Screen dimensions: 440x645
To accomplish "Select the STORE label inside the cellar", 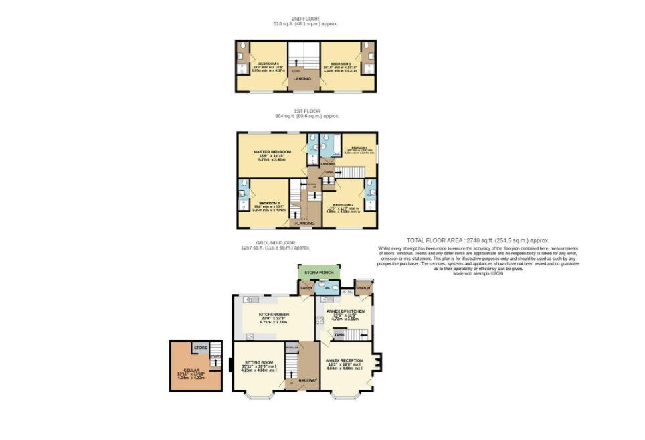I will (200, 348).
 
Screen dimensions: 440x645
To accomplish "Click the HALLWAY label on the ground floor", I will (308, 380).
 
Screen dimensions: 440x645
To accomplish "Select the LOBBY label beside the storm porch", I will (306, 287).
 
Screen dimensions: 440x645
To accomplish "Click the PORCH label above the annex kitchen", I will (363, 288).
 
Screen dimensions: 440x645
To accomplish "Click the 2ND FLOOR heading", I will (305, 18).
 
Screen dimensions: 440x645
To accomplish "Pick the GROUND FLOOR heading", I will (275, 242).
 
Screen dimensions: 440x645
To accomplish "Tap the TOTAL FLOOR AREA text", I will (478, 240).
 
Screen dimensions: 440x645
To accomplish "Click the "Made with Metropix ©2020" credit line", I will (478, 273).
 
